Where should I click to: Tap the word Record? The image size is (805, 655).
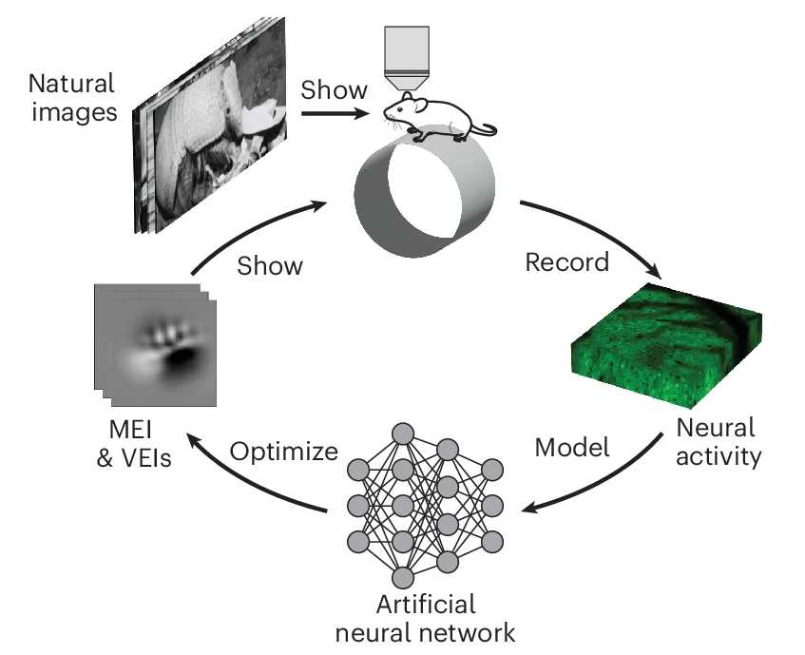coord(566,261)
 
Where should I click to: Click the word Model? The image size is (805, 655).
coord(571,446)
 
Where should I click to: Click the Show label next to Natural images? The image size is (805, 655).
coord(333,90)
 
